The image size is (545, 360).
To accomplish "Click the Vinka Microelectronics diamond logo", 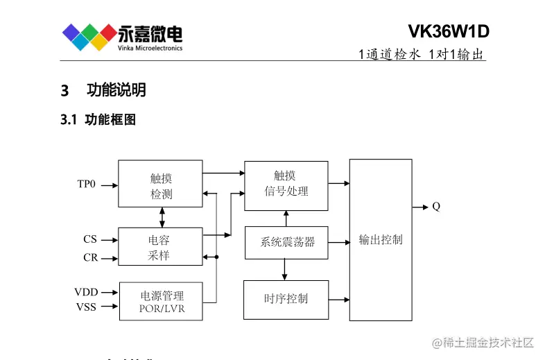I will point(89,37).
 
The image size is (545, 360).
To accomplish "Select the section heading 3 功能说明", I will point(103,90).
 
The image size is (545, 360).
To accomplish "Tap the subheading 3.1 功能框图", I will point(98,120).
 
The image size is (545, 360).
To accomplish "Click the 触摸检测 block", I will point(161,184).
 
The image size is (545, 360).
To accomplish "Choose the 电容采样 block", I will point(160,248).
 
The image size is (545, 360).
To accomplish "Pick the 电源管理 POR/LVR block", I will point(162,301).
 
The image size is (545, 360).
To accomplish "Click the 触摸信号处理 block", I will point(286,185).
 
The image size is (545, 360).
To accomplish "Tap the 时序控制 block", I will point(286,299).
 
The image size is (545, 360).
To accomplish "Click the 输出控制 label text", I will point(380,240).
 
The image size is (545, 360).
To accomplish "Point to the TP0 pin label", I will point(86,185).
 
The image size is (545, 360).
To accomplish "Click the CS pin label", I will point(90,239).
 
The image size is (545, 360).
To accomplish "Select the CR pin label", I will point(90,258).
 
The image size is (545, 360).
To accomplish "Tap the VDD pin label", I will point(86,292).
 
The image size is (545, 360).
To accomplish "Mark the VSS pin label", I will point(86,307).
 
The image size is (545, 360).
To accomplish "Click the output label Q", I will point(436,207).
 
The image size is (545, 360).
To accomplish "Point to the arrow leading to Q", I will point(419,207).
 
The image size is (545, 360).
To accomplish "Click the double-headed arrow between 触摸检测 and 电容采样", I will point(162,217).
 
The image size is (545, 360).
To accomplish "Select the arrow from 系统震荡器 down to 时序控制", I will point(285,269).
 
